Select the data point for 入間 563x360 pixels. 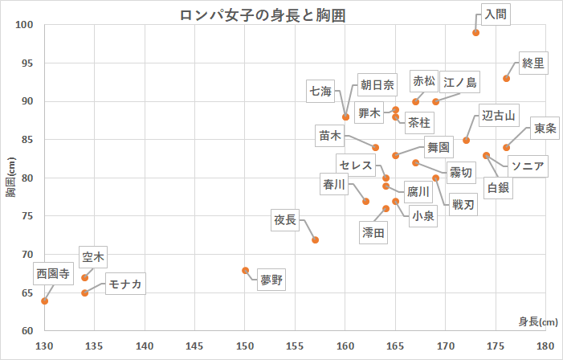click(476, 33)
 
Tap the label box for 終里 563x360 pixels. click(533, 62)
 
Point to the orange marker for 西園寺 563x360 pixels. click(45, 301)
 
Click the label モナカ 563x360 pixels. click(125, 284)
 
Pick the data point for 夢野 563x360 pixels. click(246, 271)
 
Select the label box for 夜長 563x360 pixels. click(285, 219)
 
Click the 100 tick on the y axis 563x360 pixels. click(26, 25)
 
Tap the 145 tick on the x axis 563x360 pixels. click(195, 346)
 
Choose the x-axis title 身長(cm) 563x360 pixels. click(537, 322)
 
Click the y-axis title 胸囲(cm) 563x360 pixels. click(10, 178)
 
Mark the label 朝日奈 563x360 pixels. click(377, 84)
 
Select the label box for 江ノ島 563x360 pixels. click(460, 82)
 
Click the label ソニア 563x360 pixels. click(528, 167)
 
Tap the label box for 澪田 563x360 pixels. click(373, 232)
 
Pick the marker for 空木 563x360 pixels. click(85, 278)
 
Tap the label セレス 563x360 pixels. click(355, 165)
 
